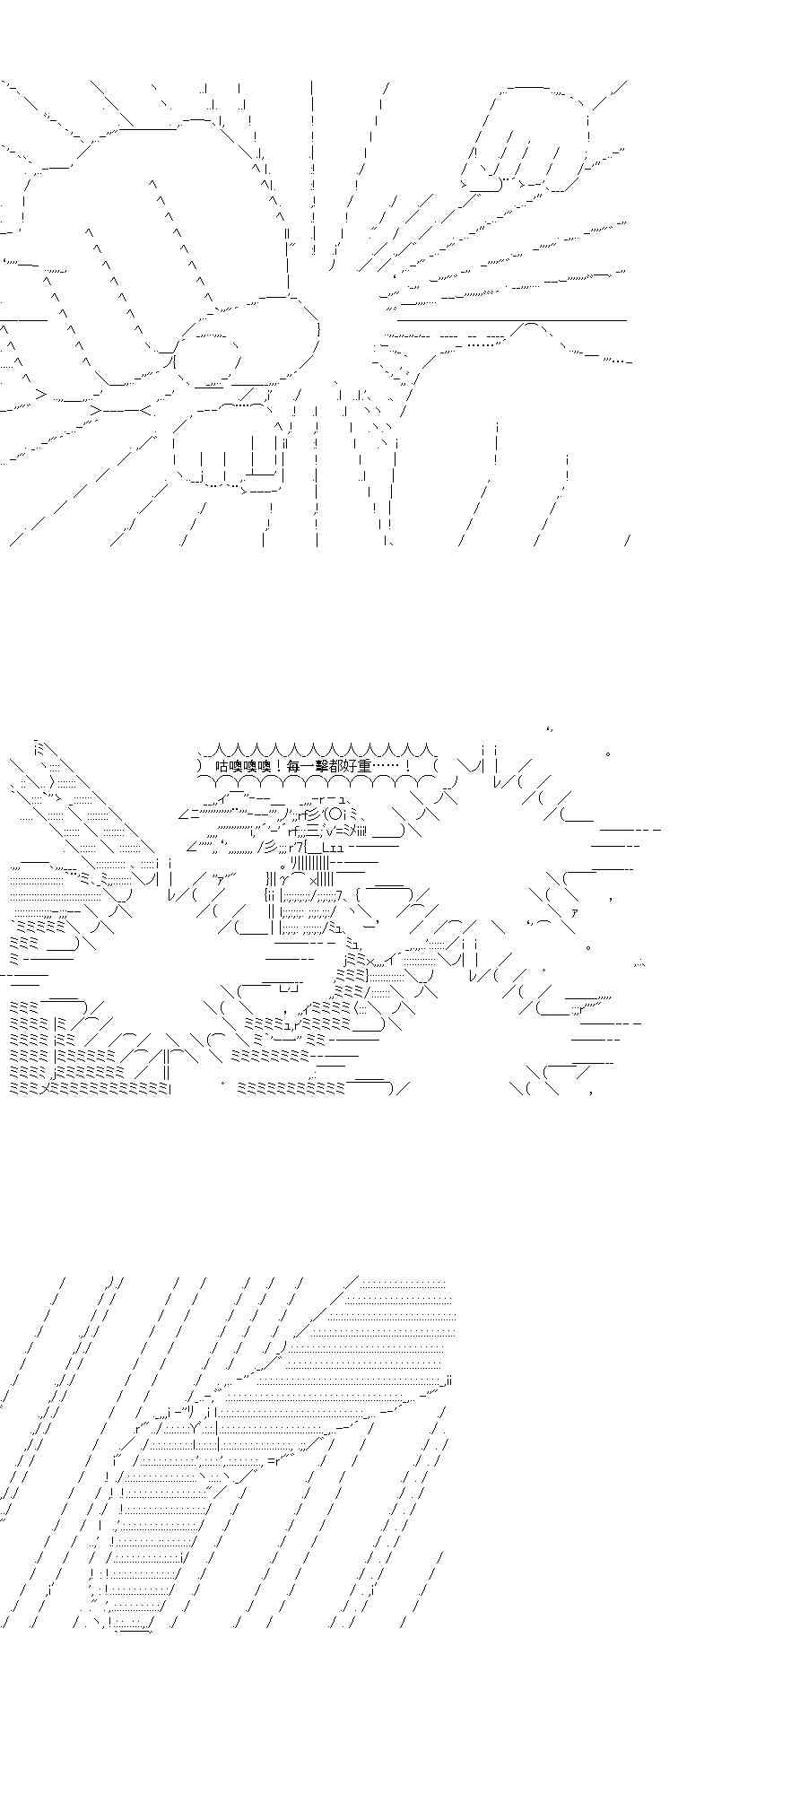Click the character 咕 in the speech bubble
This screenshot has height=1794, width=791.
tap(223, 767)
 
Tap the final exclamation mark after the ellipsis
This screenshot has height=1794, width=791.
tap(408, 767)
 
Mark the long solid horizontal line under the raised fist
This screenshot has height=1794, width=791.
tap(511, 319)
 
